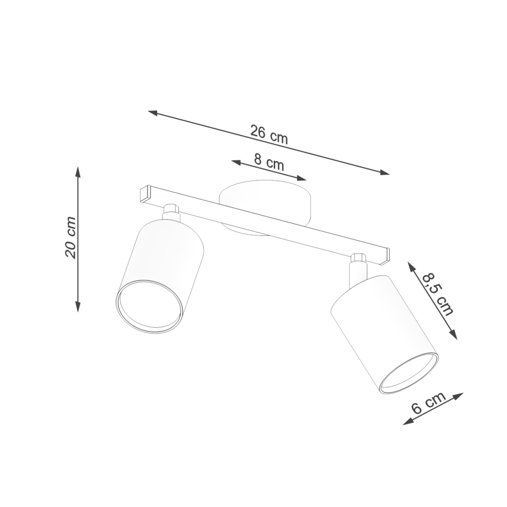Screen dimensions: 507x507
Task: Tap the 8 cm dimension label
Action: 269,162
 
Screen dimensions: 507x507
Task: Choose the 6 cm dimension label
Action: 428,402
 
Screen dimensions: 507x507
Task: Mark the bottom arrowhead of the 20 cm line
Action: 78,307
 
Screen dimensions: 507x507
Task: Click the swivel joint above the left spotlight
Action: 171,211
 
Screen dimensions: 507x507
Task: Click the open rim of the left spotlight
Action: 150,306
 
